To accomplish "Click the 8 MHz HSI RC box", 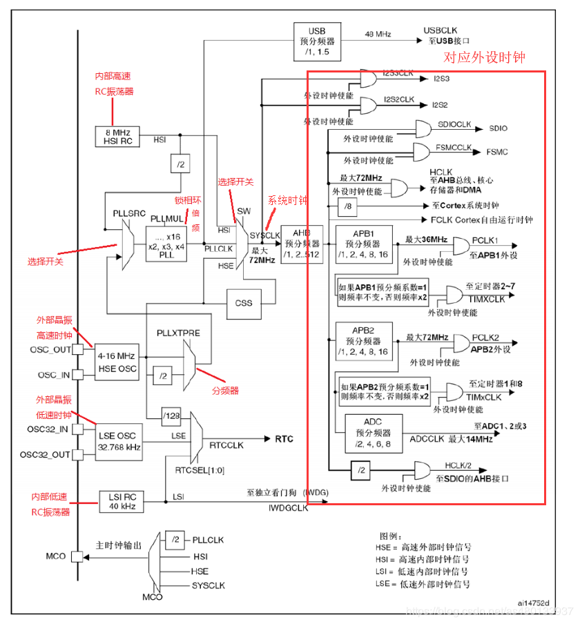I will (117, 136).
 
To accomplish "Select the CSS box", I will (244, 303).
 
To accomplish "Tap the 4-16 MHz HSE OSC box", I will (116, 362).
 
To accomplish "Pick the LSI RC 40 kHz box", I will (119, 501).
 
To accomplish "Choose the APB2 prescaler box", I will (363, 342).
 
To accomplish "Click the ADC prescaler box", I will (373, 432).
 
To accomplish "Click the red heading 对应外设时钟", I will (483, 58).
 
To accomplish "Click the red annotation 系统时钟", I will (287, 200).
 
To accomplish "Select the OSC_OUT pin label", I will (50, 349).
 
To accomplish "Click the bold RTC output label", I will (284, 439).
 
